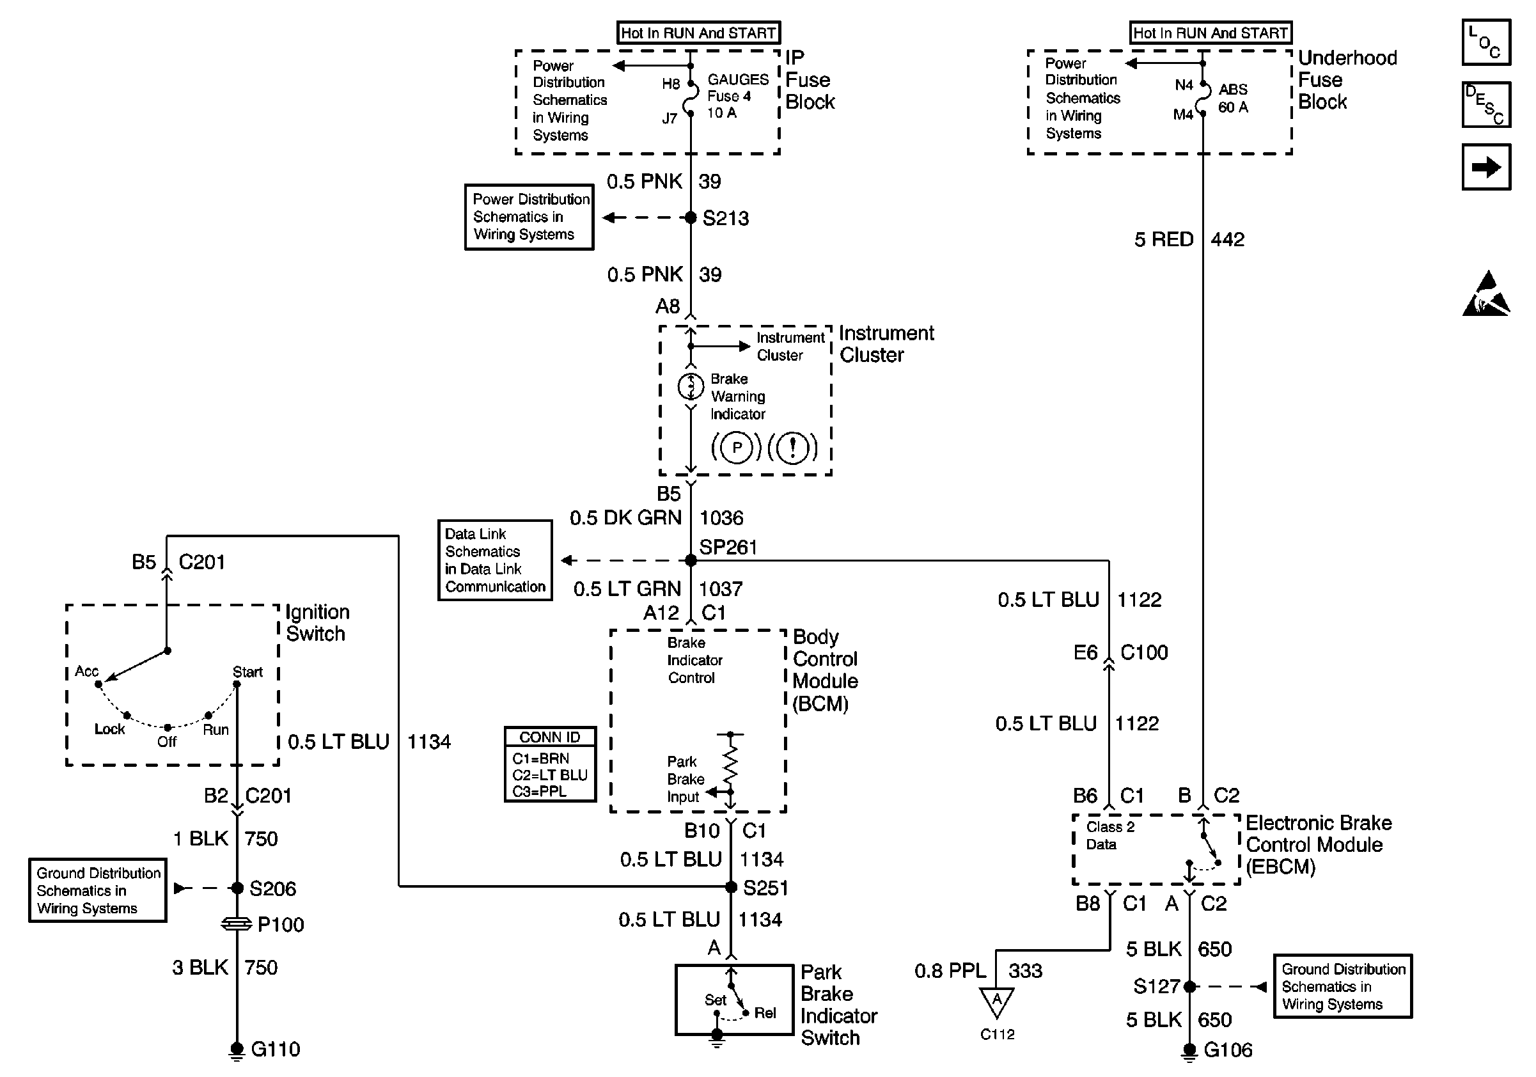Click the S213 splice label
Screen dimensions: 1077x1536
tap(725, 218)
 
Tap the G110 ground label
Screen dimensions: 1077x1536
tap(275, 1049)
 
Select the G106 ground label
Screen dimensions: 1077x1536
tap(1228, 1049)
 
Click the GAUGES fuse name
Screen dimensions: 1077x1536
tap(738, 79)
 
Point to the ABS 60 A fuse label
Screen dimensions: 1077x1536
tap(1232, 98)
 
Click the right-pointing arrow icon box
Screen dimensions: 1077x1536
tap(1486, 167)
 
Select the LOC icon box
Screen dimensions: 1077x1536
tap(1486, 42)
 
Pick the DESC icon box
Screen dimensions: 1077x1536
tap(1486, 104)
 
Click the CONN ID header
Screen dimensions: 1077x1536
tap(550, 737)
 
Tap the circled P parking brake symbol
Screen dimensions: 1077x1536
tap(737, 448)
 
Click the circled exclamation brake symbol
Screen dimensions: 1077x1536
tap(793, 448)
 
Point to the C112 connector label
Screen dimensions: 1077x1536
tap(997, 1034)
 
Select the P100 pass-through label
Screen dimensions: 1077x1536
tap(280, 925)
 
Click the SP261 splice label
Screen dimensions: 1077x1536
tap(728, 547)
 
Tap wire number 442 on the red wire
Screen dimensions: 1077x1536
tap(1227, 239)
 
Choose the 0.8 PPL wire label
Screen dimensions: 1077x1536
tap(950, 971)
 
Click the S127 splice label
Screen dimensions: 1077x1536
tap(1156, 986)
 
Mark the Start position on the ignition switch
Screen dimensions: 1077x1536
tap(247, 672)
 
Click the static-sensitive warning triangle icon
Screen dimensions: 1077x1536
tap(1486, 294)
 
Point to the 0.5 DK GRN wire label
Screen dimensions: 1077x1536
tap(625, 518)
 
